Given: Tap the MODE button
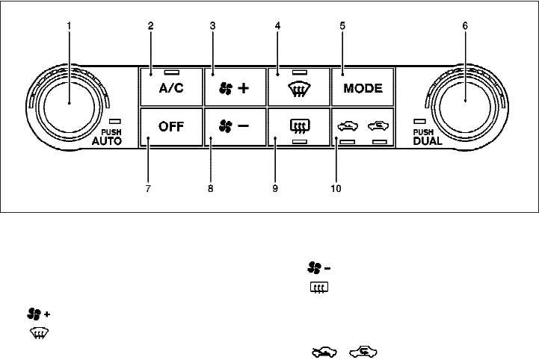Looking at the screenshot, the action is click(x=363, y=88).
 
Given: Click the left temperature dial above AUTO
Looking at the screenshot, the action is click(x=69, y=103).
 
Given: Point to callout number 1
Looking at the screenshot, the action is click(x=69, y=25).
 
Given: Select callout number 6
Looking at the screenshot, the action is click(x=464, y=25).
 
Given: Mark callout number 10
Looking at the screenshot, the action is click(x=336, y=189).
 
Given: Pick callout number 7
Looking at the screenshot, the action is click(x=148, y=189).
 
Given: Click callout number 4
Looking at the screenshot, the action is click(x=277, y=25).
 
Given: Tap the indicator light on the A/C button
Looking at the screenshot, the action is click(x=172, y=72).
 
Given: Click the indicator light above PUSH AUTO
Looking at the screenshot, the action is click(x=114, y=121).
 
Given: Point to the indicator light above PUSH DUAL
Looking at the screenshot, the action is click(x=420, y=121).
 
